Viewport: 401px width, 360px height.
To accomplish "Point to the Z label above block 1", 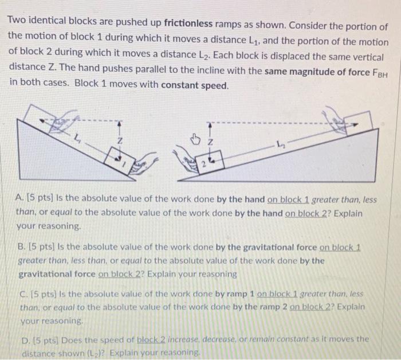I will click(119, 140).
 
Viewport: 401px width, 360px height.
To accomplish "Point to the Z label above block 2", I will click(211, 141).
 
